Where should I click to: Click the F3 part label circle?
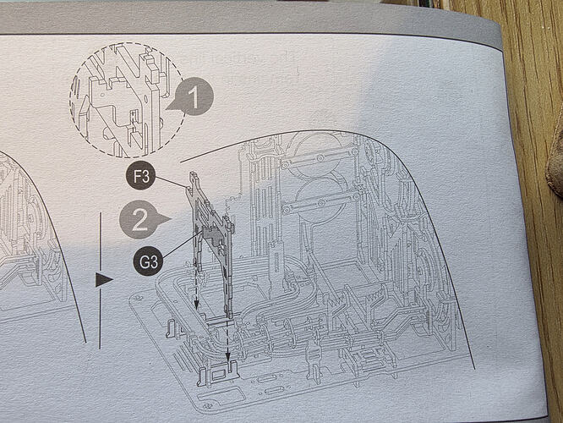(x=140, y=176)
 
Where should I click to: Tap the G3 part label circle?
(x=149, y=261)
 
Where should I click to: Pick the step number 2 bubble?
(x=140, y=219)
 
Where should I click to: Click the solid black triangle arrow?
(x=102, y=280)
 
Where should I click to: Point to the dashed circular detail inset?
(x=126, y=100)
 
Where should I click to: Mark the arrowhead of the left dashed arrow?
(x=196, y=305)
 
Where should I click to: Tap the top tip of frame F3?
(x=193, y=173)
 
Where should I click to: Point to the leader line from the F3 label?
(x=171, y=182)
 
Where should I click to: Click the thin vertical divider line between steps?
(x=101, y=281)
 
